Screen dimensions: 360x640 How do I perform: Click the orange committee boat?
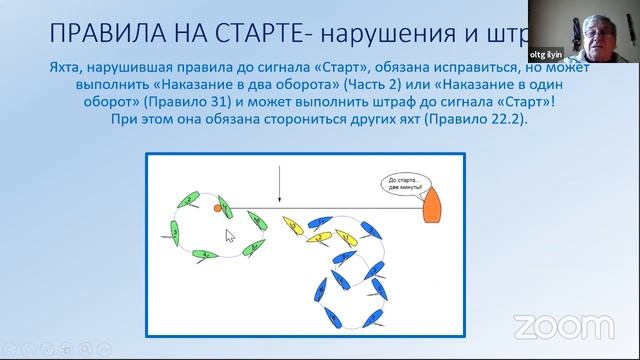coord(432,205)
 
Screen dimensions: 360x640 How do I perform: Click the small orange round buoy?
coord(216,208)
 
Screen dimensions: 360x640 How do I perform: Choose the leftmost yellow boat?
coord(292,223)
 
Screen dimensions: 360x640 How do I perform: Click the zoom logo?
coord(564,326)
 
